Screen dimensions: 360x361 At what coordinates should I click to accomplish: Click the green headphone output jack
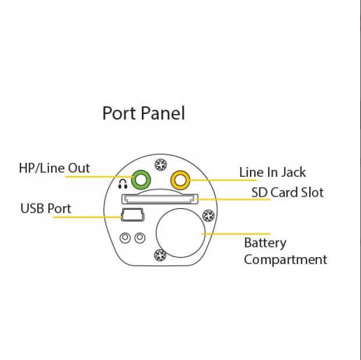pyautogui.click(x=140, y=180)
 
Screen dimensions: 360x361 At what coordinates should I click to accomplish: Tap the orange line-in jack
pyautogui.click(x=180, y=180)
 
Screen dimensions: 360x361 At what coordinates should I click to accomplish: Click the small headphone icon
pyautogui.click(x=122, y=184)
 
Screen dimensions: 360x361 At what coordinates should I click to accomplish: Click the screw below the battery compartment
pyautogui.click(x=158, y=254)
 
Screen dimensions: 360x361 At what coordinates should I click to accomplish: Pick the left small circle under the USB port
pyautogui.click(x=125, y=237)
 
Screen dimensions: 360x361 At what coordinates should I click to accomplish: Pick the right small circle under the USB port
pyautogui.click(x=139, y=237)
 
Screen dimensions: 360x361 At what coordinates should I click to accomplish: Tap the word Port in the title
pyautogui.click(x=118, y=113)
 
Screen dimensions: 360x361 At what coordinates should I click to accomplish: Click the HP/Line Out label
pyautogui.click(x=55, y=169)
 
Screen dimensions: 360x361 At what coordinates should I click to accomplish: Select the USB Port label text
pyautogui.click(x=46, y=208)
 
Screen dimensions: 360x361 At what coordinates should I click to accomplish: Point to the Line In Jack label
pyautogui.click(x=273, y=172)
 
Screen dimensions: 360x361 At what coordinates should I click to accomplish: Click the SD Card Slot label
pyautogui.click(x=287, y=192)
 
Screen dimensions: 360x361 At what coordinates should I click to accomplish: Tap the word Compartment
pyautogui.click(x=285, y=259)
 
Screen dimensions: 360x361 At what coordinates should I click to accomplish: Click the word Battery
pyautogui.click(x=265, y=243)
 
